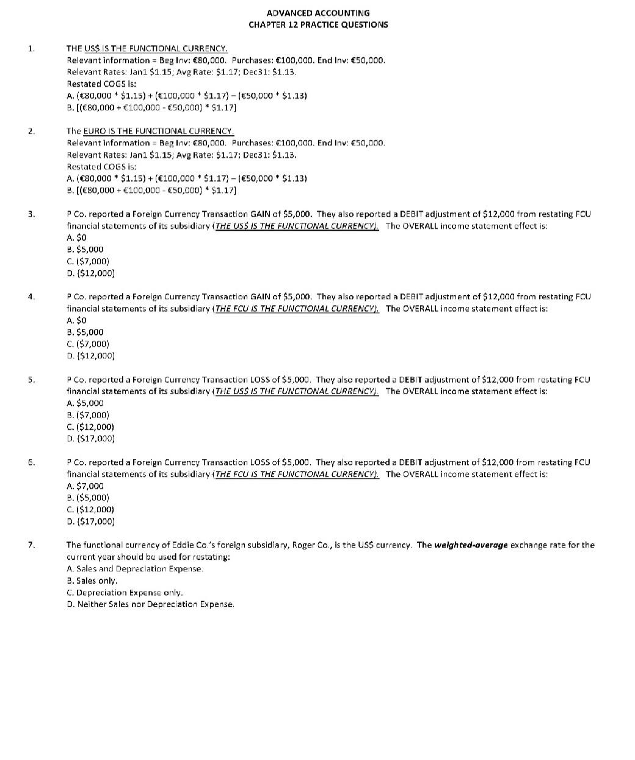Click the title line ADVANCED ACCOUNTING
point(317,13)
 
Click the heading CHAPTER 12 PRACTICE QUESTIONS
point(317,24)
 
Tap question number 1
point(31,48)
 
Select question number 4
point(31,297)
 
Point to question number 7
point(31,545)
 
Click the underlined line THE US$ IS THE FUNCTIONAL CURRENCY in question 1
point(147,48)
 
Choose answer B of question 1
point(151,107)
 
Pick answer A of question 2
point(186,178)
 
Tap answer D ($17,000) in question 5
point(90,438)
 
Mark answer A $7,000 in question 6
point(85,486)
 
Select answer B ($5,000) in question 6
point(87,498)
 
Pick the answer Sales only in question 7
point(92,581)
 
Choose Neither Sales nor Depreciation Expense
point(150,604)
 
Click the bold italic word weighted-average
point(471,545)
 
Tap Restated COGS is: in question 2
point(101,167)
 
